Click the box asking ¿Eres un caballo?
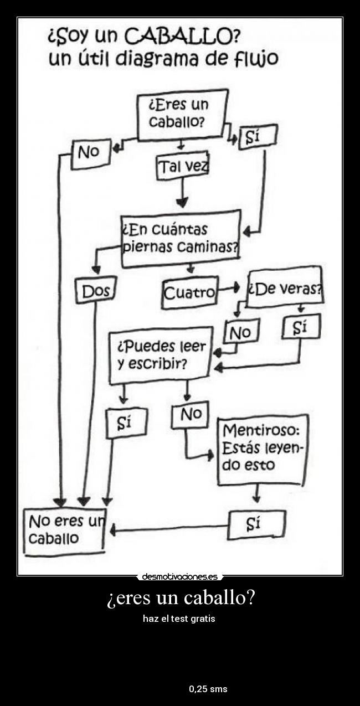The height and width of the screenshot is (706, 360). [x=182, y=113]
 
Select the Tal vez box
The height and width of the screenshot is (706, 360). [x=182, y=166]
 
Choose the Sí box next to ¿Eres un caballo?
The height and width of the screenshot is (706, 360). [x=256, y=137]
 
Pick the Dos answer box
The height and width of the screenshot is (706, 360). [x=95, y=291]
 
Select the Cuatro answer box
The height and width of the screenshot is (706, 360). [x=190, y=292]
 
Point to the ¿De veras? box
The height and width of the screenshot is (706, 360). [x=285, y=288]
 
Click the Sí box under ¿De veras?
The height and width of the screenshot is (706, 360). [x=301, y=327]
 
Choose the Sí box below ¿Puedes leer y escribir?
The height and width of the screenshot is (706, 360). [x=126, y=423]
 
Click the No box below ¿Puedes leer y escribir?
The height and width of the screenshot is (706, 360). [x=189, y=415]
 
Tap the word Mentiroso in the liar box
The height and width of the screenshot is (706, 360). [x=261, y=430]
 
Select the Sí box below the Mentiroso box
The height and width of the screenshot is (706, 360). [x=256, y=524]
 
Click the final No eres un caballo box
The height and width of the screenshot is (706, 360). [x=64, y=530]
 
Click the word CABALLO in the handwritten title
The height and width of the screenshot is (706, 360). [x=182, y=37]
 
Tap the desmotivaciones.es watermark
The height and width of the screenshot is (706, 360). [x=179, y=576]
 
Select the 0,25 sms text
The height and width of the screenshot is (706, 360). [x=208, y=689]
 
